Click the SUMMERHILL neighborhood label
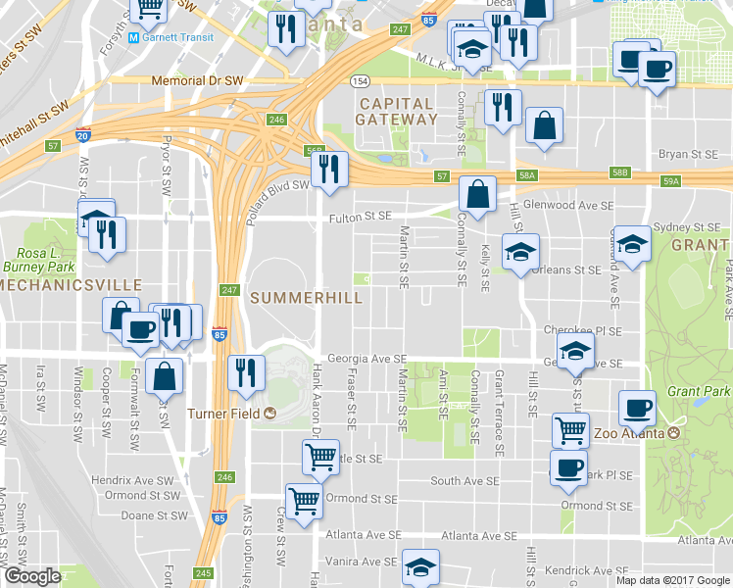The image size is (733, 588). click(x=306, y=297)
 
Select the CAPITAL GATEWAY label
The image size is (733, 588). click(x=398, y=111)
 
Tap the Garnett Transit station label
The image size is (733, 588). click(x=176, y=37)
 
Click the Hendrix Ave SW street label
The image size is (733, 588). click(x=124, y=480)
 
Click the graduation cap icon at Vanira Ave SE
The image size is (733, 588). click(x=420, y=566)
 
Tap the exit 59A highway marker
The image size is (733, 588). click(x=670, y=181)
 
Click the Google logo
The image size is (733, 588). click(x=32, y=576)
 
